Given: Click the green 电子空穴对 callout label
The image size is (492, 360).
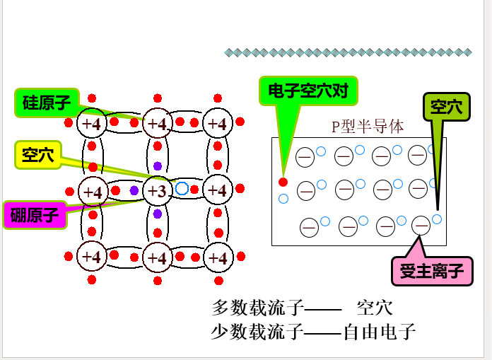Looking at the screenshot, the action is pos(308,91).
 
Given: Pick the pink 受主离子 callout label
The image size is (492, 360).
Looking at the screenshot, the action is pos(431,270).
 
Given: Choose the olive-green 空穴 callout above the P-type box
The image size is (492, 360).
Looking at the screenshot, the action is pos(447,108).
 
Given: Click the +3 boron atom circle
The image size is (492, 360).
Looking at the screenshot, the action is pos(158,191).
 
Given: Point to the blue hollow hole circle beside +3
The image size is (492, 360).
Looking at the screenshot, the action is pos(182,189).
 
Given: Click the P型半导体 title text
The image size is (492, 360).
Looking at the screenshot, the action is pos(368,127).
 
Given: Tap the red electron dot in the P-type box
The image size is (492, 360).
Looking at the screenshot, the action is pos(283,182).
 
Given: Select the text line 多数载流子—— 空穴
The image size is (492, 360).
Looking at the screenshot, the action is pos(303,308).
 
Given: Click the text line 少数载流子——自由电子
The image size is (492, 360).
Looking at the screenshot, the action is pos(312,332).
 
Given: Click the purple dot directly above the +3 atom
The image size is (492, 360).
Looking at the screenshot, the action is pos(158,166).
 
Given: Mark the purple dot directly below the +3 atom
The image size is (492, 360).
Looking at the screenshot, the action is pos(158,214).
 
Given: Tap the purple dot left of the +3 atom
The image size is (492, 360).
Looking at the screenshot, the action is pos(134,190).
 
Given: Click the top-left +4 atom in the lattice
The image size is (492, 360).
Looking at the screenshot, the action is pos(91,124).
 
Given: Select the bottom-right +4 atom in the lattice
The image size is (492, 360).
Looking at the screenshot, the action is pos(218,256).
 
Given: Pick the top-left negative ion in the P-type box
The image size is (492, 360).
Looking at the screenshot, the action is pos(305,157).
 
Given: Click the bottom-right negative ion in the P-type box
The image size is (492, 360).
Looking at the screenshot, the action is pos(421,226).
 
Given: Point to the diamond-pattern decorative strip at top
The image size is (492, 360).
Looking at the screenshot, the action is pos(348,52).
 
